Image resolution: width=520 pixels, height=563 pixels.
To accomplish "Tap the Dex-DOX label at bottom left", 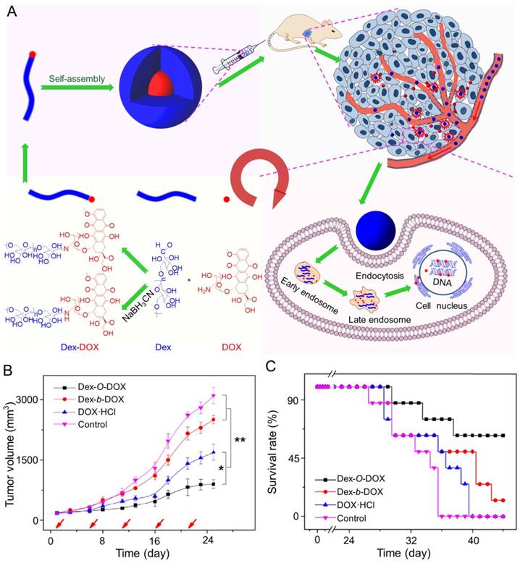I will click(46, 347).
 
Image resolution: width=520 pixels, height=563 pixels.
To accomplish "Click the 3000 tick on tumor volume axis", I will click(25, 399).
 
